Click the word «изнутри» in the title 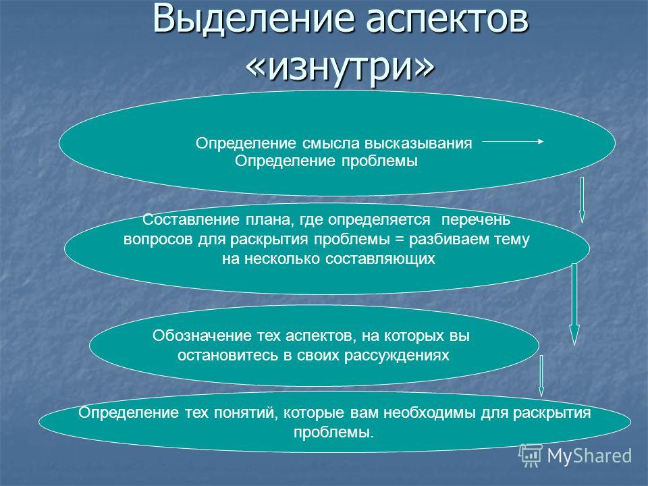(340, 67)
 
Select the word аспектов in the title (448, 20)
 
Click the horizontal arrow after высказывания (513, 141)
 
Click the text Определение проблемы (326, 161)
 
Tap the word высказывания (418, 144)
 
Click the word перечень (476, 220)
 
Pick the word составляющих (380, 259)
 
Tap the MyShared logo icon (531, 456)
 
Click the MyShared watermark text (590, 456)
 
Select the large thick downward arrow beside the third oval (574, 304)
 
